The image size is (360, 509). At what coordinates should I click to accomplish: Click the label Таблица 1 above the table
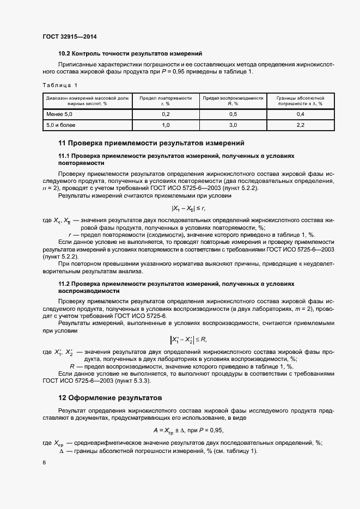click(x=60, y=85)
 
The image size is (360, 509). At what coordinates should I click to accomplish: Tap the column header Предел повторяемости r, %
click(x=166, y=100)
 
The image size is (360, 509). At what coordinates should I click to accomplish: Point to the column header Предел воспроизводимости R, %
click(x=233, y=100)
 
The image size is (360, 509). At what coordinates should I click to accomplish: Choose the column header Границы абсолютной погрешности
click(x=300, y=100)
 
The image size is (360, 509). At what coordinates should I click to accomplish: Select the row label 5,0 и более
click(x=60, y=125)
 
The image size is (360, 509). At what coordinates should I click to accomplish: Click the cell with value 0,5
click(x=233, y=114)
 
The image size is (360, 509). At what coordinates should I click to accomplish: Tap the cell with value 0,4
click(x=300, y=114)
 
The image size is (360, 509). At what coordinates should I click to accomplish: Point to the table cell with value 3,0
click(x=233, y=125)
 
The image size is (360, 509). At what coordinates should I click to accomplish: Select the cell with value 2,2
click(x=300, y=125)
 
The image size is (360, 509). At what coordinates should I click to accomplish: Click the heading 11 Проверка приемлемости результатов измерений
click(x=151, y=143)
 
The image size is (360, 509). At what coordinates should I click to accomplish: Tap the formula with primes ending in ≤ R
click(x=188, y=340)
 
